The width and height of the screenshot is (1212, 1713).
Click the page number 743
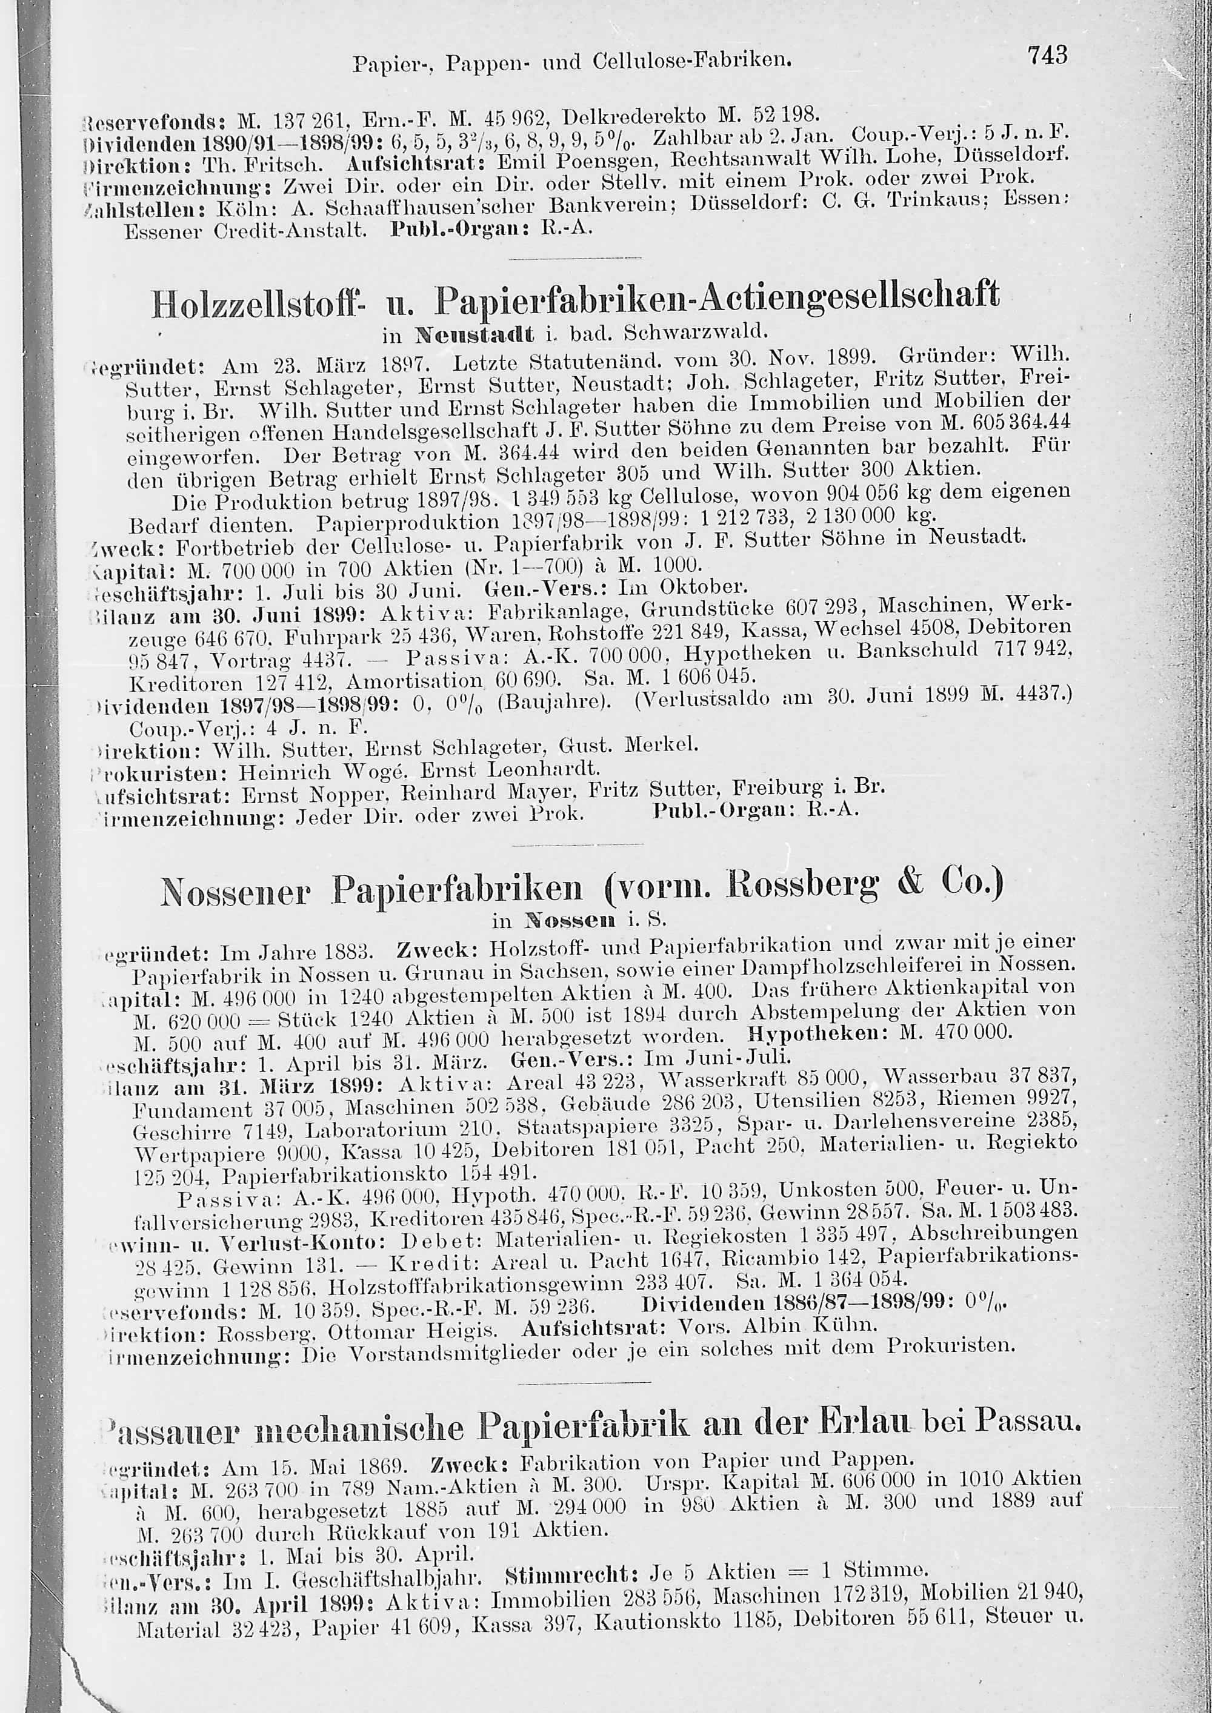[x=1048, y=55]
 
